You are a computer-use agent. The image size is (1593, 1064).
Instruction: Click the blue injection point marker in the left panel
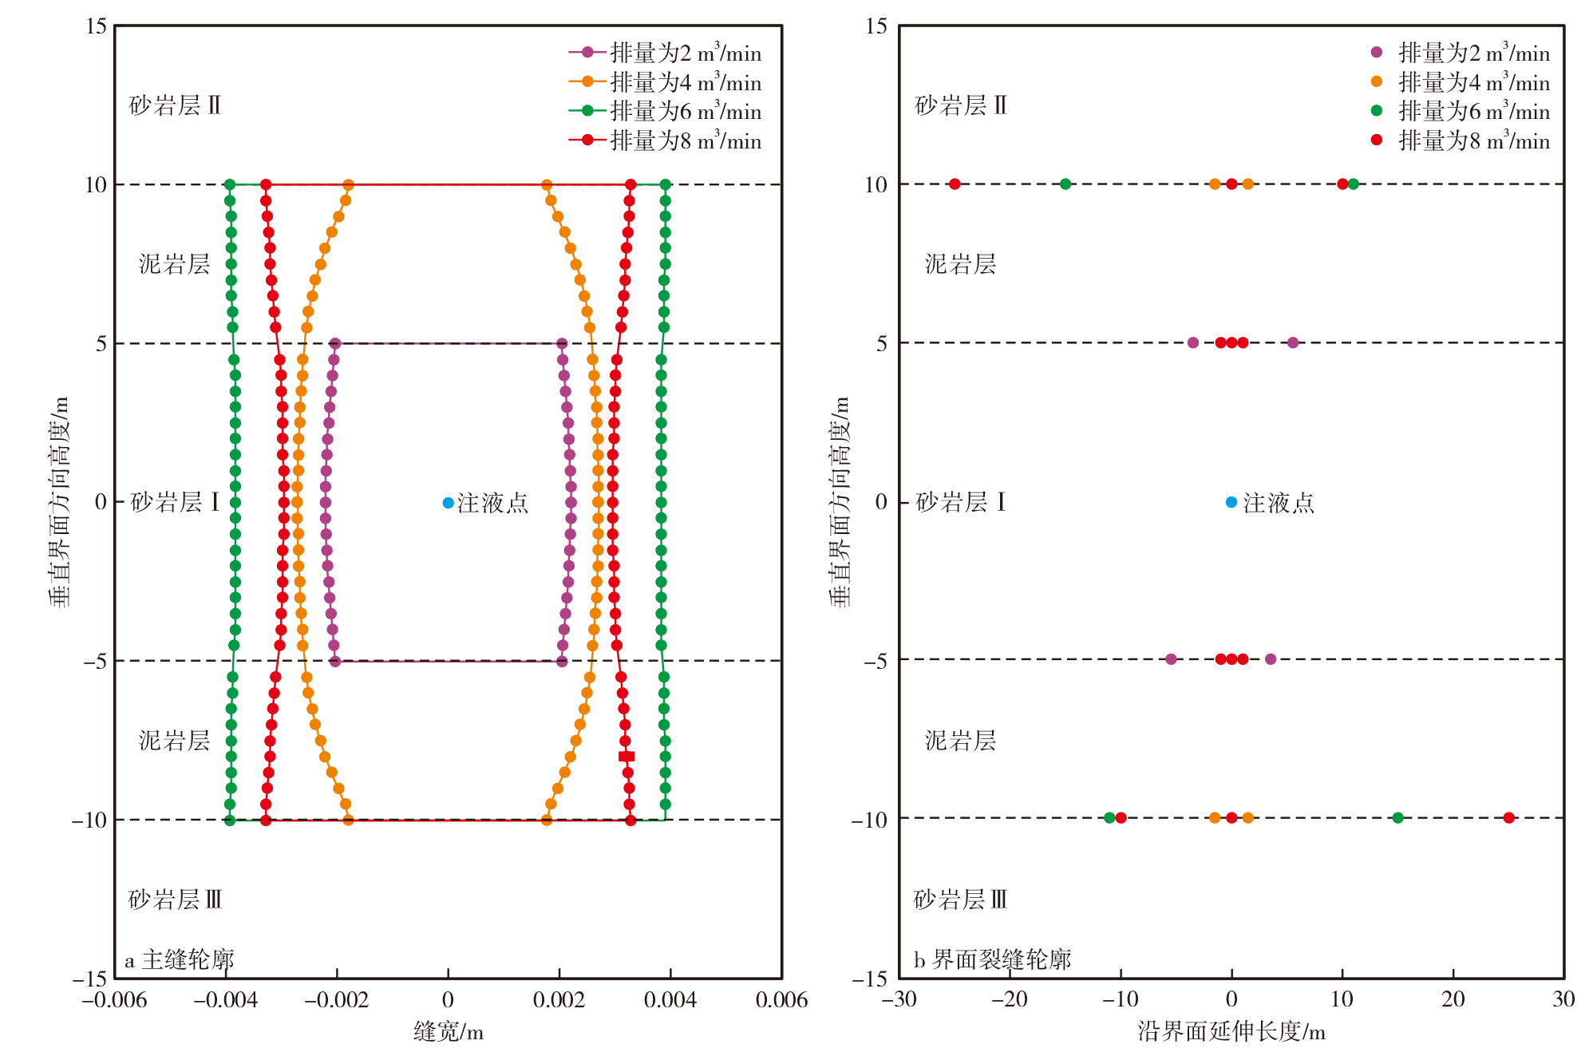tap(448, 503)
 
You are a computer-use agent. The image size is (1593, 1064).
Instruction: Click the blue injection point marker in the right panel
tap(1231, 502)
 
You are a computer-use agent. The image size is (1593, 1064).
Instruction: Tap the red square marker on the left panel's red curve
tap(627, 756)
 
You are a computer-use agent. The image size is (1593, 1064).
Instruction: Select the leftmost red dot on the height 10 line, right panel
tap(955, 184)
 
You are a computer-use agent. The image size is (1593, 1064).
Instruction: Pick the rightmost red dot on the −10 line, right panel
tap(1508, 817)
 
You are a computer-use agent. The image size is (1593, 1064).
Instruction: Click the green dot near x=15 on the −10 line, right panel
tap(1397, 817)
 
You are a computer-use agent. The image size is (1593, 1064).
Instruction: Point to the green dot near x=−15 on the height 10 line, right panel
tap(1065, 184)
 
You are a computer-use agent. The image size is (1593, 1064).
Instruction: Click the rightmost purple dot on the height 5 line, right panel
tap(1293, 342)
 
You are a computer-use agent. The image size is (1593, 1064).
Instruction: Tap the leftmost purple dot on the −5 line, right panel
tap(1171, 659)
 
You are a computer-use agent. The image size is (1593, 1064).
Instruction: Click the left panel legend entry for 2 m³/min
tap(665, 53)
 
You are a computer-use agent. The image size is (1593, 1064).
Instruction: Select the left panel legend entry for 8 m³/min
tap(665, 140)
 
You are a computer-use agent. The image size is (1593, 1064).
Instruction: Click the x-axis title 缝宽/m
tap(448, 1031)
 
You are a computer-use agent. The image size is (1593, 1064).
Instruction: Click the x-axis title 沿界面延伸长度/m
tap(1231, 1031)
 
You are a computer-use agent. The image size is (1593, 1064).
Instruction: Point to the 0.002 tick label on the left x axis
tap(559, 999)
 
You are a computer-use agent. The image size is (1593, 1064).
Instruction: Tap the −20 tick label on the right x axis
tap(1010, 999)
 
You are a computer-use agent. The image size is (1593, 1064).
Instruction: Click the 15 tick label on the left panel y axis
tap(96, 26)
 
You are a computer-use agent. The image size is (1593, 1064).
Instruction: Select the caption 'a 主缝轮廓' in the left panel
tap(180, 959)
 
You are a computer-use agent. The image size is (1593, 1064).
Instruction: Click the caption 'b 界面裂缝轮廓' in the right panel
tap(992, 959)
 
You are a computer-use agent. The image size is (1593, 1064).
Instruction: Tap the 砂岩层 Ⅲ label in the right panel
tap(960, 900)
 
